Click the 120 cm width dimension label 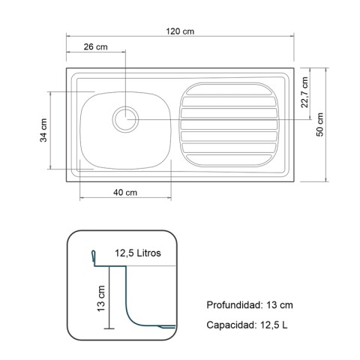pyautogui.click(x=181, y=31)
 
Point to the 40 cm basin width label pyautogui.click(x=124, y=192)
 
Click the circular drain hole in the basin pyautogui.click(x=125, y=118)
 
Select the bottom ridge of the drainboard pyautogui.click(x=229, y=160)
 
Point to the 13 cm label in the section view pyautogui.click(x=100, y=298)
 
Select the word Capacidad pyautogui.click(x=229, y=325)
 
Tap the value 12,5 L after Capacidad pyautogui.click(x=272, y=325)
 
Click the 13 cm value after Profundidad pyautogui.click(x=279, y=305)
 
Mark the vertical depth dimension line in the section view pyautogui.click(x=110, y=298)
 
